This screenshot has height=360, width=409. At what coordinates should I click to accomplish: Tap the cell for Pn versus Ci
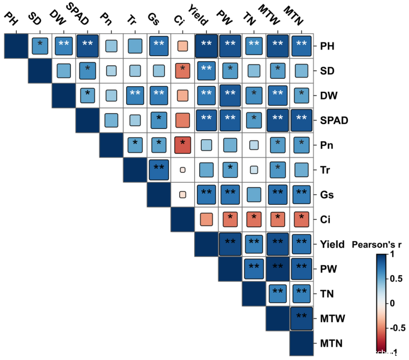tap(182, 145)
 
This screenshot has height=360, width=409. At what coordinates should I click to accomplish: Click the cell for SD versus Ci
tap(182, 71)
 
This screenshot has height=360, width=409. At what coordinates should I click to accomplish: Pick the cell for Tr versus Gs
tap(159, 170)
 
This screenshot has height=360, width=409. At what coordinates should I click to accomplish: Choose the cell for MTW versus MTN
tap(301, 318)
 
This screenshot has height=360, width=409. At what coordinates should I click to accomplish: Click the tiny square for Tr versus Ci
tap(182, 170)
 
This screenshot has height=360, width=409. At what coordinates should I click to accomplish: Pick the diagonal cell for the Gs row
tap(159, 195)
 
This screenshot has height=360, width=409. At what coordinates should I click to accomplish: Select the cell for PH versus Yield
tap(206, 46)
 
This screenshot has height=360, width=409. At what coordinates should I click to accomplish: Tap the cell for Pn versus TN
tap(254, 145)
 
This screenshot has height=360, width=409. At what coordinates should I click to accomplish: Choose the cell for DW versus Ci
tap(182, 96)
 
